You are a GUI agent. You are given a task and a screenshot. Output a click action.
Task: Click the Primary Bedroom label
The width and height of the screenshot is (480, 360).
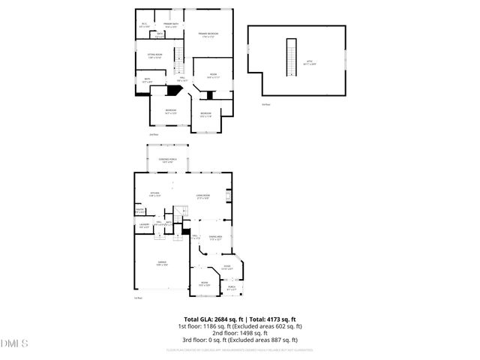[208, 35]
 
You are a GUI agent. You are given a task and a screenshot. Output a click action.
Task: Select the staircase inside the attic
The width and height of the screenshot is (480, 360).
[287, 56]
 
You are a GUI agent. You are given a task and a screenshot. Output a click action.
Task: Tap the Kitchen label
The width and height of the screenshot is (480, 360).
[154, 194]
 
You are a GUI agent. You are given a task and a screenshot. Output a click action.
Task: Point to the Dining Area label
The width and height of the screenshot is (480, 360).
[215, 238]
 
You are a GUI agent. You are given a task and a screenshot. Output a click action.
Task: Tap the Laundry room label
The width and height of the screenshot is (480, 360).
[144, 225]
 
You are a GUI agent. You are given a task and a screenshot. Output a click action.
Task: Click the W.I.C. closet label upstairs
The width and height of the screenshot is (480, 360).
[144, 25]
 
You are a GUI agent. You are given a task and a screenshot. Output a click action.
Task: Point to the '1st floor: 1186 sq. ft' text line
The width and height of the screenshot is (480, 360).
[239, 326]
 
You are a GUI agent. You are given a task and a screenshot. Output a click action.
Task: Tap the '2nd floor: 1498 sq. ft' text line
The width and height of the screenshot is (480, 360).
[239, 332]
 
